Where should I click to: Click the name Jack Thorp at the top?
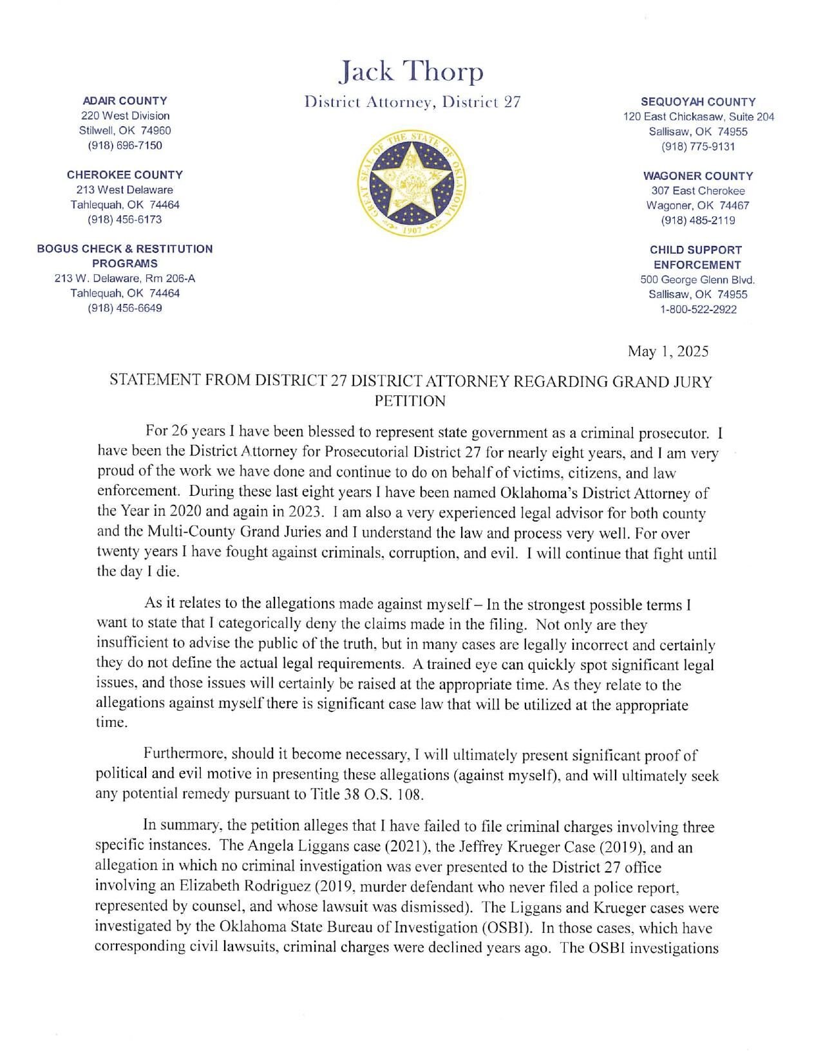coord(411,71)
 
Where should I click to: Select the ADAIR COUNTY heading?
coord(125,100)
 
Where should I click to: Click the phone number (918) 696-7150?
coord(125,145)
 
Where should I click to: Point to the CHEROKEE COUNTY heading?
coord(125,174)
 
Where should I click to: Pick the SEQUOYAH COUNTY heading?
coord(698,102)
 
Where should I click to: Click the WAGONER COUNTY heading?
coord(698,176)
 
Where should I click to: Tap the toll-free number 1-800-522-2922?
coord(698,309)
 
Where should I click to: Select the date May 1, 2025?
coord(668,352)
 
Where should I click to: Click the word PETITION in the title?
coord(410,401)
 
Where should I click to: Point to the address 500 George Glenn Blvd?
coord(697,279)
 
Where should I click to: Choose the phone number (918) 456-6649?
coord(125,308)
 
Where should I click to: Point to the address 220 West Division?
coord(125,116)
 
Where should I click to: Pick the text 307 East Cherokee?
coord(698,191)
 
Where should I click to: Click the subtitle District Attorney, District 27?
coord(412,102)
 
